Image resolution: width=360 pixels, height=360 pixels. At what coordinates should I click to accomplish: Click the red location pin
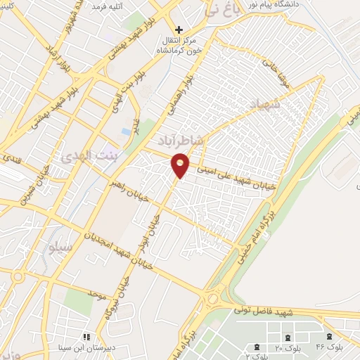181,165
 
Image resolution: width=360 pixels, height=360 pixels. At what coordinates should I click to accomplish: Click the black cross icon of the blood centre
180,30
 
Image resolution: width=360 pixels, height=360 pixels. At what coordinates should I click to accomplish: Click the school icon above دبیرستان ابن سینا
87,337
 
